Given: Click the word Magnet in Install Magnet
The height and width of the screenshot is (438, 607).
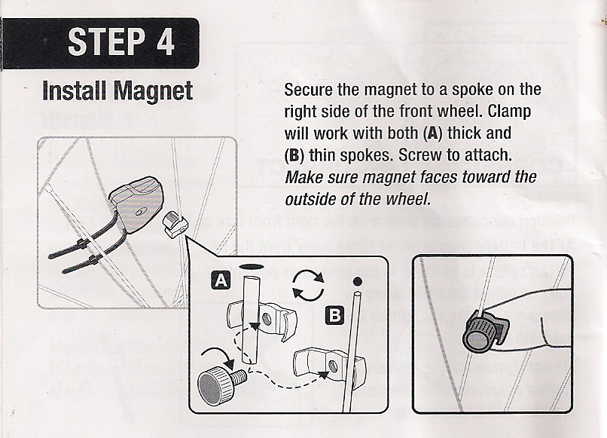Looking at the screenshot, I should pyautogui.click(x=153, y=90).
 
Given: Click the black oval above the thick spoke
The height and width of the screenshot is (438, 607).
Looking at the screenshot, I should pyautogui.click(x=252, y=267).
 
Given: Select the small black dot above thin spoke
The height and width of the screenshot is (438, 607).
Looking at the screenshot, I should pyautogui.click(x=355, y=282).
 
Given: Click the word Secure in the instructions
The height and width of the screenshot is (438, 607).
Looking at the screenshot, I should pyautogui.click(x=307, y=89).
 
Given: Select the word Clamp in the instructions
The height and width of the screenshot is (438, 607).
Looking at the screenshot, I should pyautogui.click(x=510, y=112).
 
